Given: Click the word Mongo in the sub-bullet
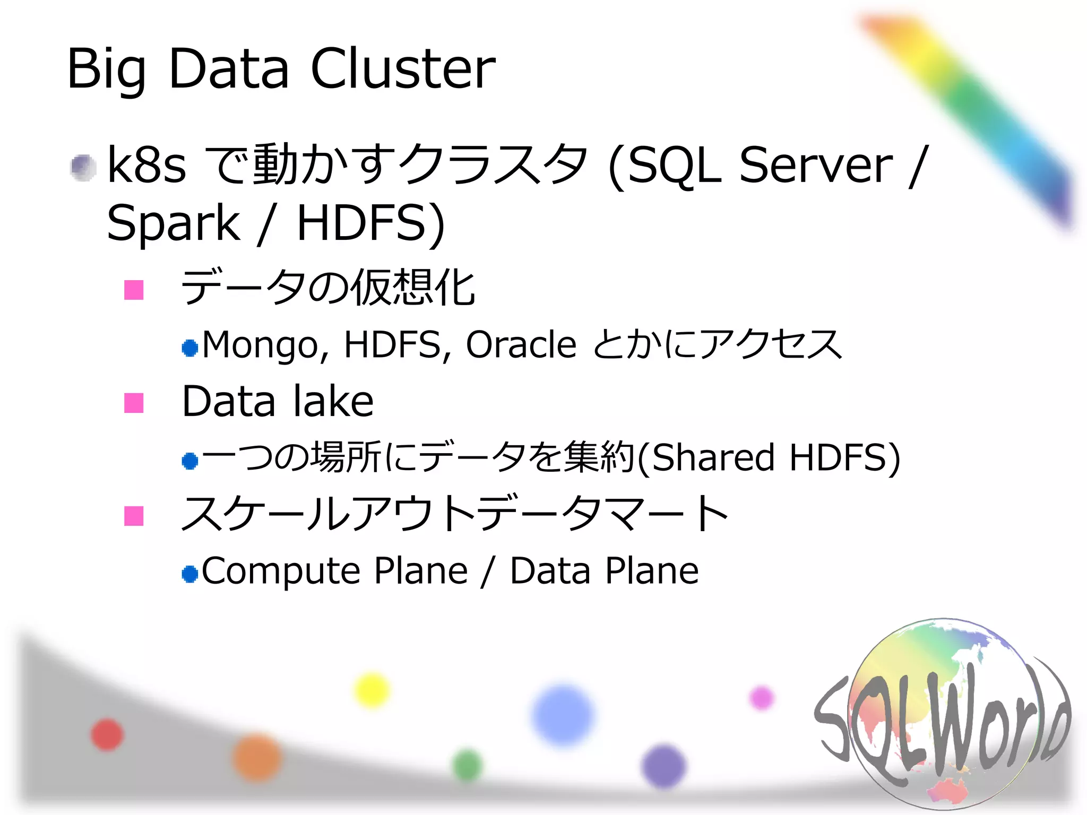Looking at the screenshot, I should (x=260, y=345).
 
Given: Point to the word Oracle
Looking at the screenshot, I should (x=521, y=345).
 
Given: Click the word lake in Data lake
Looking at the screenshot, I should (x=333, y=402).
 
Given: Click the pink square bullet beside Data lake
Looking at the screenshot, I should (x=134, y=403).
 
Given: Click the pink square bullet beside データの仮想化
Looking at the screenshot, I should (x=134, y=290).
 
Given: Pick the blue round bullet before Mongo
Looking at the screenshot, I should (x=189, y=348).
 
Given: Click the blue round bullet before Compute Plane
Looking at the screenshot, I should (x=189, y=574).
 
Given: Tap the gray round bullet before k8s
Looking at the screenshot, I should (x=83, y=168).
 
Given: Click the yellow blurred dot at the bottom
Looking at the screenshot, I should (x=372, y=690).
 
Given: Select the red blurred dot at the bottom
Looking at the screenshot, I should (x=107, y=735).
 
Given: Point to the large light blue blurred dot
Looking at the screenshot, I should (x=563, y=715).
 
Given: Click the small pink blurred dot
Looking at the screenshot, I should (x=761, y=698).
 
